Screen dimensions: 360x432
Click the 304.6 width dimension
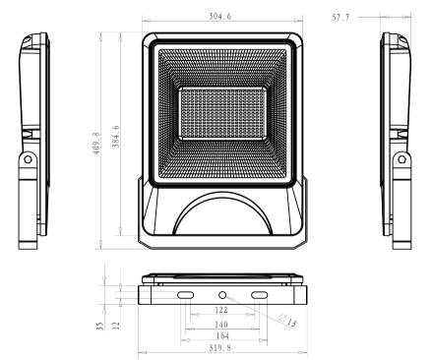click(x=220, y=17)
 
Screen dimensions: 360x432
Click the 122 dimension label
click(x=221, y=310)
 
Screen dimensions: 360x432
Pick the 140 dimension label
click(x=221, y=323)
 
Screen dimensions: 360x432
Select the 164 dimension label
click(x=221, y=335)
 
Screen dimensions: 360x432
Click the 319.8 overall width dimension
click(x=221, y=348)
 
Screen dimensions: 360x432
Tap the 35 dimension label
click(x=100, y=324)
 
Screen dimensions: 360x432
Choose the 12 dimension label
click(x=116, y=324)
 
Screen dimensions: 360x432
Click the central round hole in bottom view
click(x=222, y=295)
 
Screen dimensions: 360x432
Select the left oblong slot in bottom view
click(x=185, y=295)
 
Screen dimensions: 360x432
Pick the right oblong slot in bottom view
click(x=260, y=295)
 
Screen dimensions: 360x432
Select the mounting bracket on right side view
click(x=400, y=192)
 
